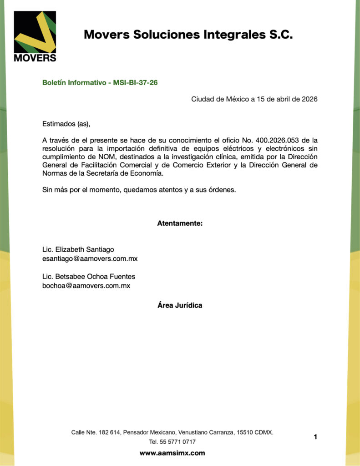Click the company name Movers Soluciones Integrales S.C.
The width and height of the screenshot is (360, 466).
(188, 35)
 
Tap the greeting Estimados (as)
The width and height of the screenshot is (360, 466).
(63, 123)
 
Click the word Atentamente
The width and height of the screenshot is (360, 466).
(180, 223)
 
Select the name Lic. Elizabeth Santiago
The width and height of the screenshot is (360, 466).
(78, 249)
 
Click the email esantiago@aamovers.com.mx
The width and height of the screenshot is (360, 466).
(90, 258)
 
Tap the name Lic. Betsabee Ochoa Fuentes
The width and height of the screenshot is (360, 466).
(88, 277)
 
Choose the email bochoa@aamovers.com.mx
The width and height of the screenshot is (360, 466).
(86, 286)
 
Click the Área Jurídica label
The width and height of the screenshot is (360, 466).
(180, 305)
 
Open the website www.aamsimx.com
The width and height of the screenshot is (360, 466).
(172, 453)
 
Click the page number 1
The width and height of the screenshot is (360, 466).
(315, 437)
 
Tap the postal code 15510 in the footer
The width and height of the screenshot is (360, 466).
(244, 432)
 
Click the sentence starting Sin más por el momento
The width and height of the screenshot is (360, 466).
(139, 190)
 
